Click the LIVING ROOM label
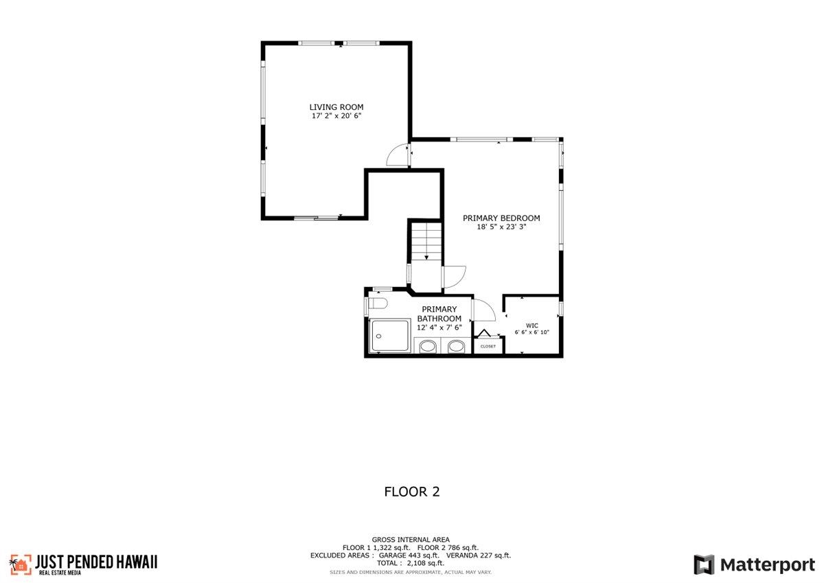point(336,107)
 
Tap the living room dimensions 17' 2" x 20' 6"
point(336,117)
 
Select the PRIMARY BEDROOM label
point(501,218)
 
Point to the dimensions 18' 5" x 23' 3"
point(501,227)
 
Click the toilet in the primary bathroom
point(378,303)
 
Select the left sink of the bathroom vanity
point(427,347)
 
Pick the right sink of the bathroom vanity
point(455,347)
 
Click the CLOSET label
point(488,347)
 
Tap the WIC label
point(531,325)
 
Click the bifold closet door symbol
point(487,334)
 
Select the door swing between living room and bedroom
point(398,156)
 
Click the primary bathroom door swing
point(483,310)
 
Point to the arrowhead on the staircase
point(426,257)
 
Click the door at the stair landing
point(455,276)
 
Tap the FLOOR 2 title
point(411,492)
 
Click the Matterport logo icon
point(704,565)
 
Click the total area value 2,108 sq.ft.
point(426,563)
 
